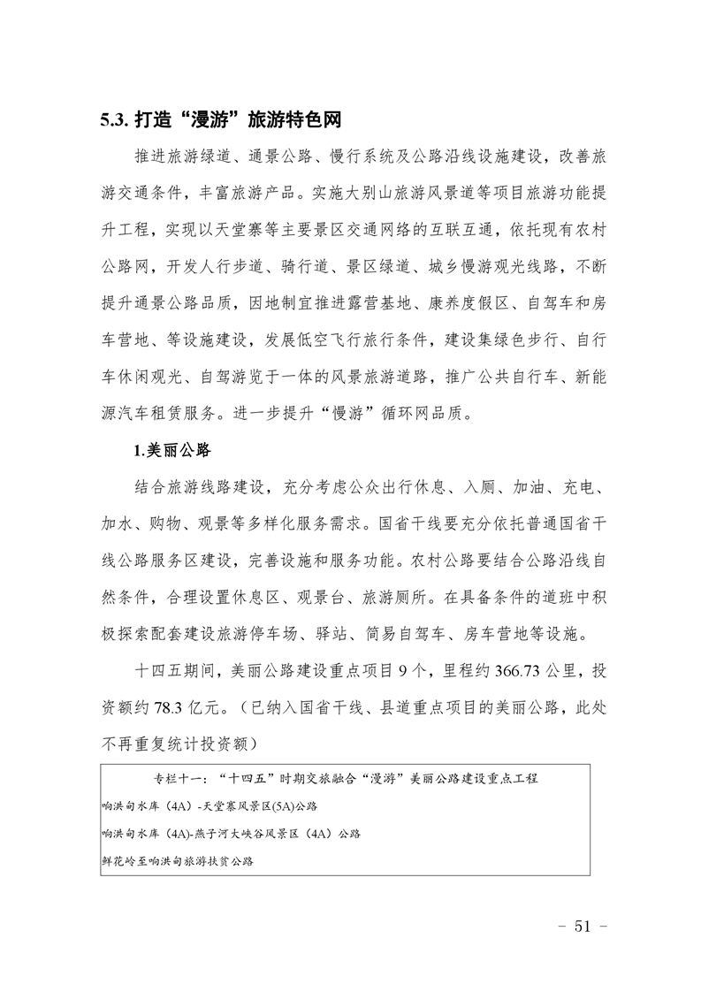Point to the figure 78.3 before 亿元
pos(157,705)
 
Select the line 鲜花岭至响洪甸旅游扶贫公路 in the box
pos(178,859)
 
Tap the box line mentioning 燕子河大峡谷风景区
pos(232,833)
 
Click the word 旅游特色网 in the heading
pos(294,119)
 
